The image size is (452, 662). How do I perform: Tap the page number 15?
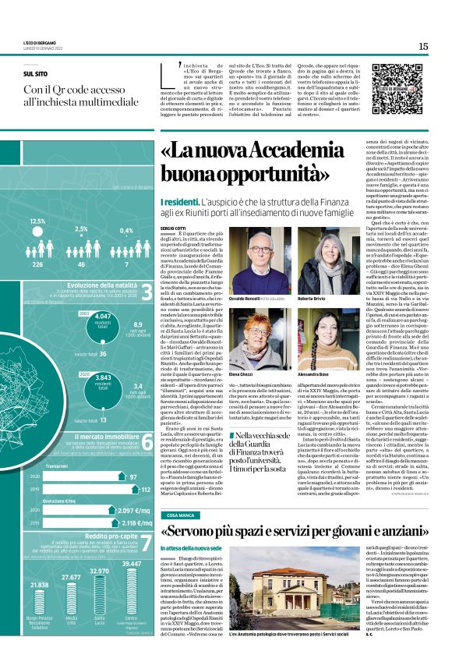[423, 47]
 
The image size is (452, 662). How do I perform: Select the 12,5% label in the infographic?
[37, 221]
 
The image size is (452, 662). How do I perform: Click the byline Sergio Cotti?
[173, 228]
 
